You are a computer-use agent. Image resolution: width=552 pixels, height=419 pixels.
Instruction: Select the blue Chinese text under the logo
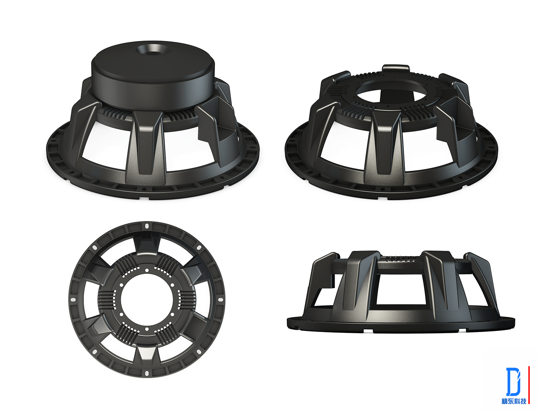point(514,401)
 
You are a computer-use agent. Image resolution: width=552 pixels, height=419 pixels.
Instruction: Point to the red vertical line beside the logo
point(529,385)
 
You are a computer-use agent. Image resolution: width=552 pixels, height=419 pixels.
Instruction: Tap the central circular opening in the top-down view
point(147,299)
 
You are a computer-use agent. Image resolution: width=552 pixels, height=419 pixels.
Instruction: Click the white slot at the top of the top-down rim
point(147,226)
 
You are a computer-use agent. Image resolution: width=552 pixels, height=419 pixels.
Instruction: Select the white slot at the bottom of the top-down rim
point(147,373)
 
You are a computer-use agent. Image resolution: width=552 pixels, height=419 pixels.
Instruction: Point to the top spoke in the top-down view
point(147,243)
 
